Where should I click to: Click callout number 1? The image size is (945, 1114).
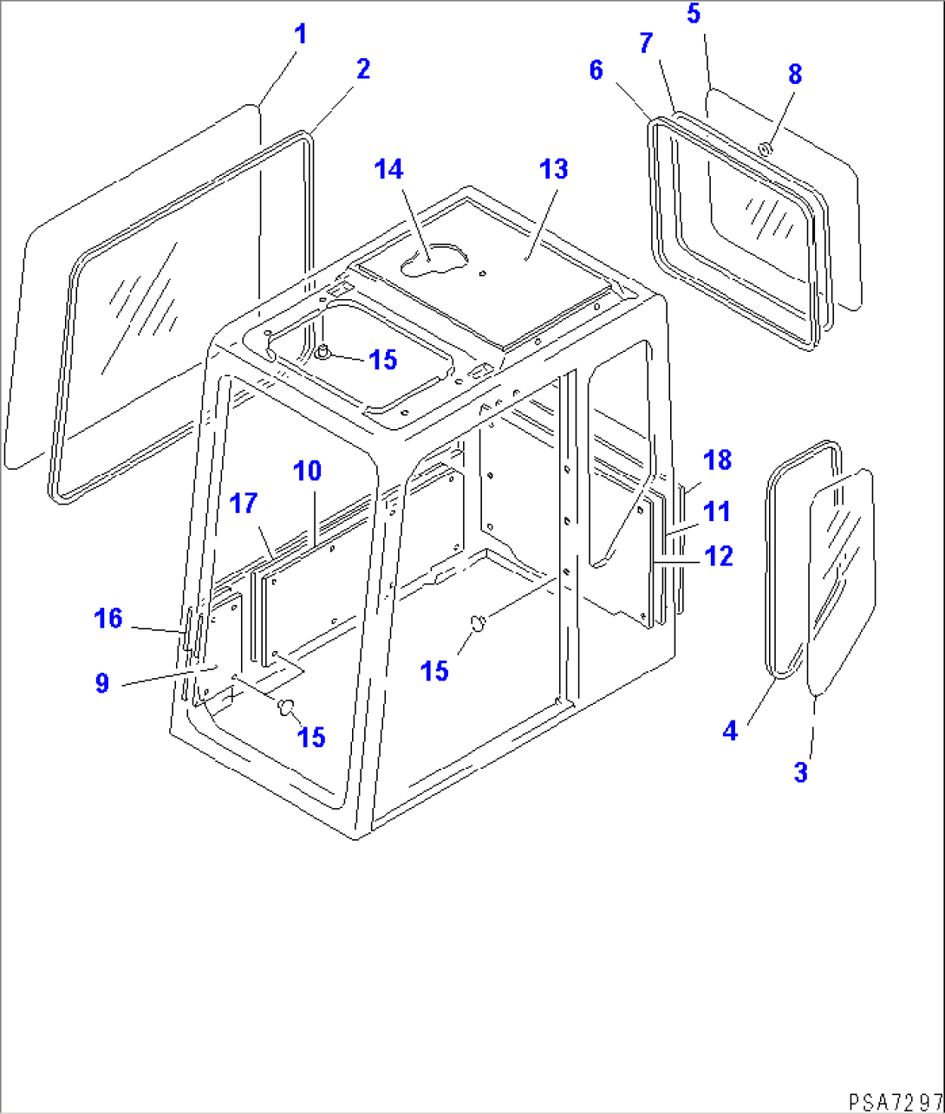click(x=300, y=36)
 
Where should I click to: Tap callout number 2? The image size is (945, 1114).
click(x=362, y=69)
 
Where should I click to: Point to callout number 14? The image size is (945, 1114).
click(x=388, y=169)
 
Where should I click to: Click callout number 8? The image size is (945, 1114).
click(x=795, y=75)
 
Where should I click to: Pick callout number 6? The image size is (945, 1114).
click(x=596, y=71)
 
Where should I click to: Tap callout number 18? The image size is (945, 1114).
click(x=718, y=461)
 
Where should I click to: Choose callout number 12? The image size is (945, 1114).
click(x=719, y=557)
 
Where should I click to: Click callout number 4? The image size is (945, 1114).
click(x=730, y=731)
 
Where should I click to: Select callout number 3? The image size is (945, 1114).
click(x=800, y=772)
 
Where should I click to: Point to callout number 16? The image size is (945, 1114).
click(x=108, y=619)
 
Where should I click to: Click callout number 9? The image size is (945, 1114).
click(x=102, y=683)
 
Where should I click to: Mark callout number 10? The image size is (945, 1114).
click(x=307, y=472)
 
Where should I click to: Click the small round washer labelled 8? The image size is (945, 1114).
click(x=766, y=150)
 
